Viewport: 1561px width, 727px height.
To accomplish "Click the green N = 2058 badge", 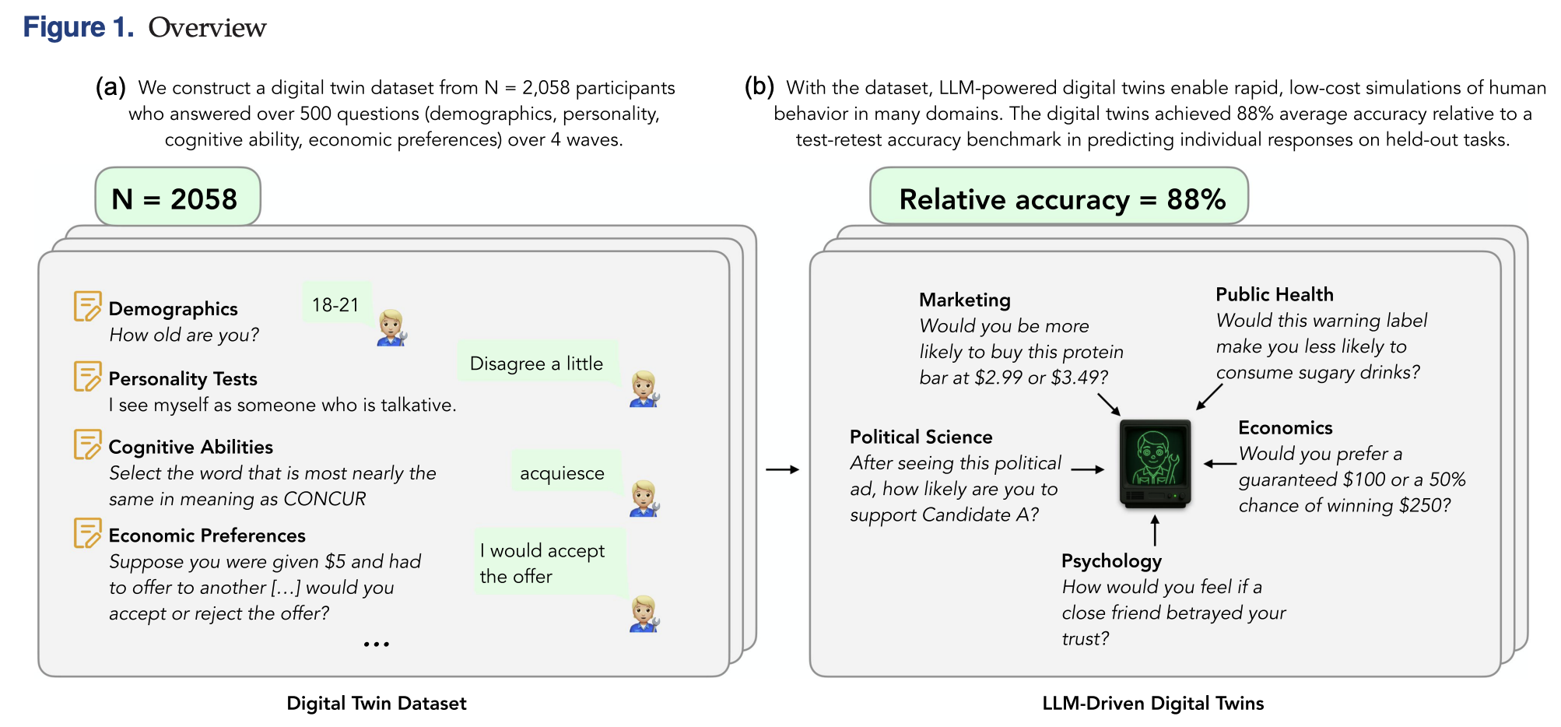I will pos(177,198).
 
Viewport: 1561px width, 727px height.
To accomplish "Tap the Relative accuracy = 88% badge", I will pos(1059,198).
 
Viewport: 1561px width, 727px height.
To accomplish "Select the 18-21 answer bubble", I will pos(336,304).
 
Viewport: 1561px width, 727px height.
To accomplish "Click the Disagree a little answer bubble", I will pos(537,363).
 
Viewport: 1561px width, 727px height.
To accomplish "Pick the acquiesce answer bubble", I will pos(563,472).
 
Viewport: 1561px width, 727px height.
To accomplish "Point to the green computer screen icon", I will pos(1156,463).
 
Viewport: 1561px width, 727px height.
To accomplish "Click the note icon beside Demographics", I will pos(87,307).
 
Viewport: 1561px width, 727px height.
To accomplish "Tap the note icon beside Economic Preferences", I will pos(87,533).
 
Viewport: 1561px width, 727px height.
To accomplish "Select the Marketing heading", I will pos(965,300).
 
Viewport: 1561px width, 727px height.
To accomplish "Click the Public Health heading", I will pos(1275,294).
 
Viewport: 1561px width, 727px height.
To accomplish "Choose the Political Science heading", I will pos(921,437).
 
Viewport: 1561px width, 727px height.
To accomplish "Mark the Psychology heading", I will pos(1111,560).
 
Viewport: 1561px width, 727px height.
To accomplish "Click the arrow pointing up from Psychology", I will pos(1155,530).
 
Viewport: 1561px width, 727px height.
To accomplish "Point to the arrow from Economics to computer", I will pos(1220,464).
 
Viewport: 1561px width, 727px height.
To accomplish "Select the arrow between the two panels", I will pos(782,469).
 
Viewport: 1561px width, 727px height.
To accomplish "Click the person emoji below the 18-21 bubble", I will pos(392,328).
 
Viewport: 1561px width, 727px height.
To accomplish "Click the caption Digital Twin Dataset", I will pos(377,703).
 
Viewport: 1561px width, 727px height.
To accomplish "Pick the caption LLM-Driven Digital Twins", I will pos(1153,703).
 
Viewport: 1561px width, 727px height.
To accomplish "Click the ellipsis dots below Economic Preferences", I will pos(377,644).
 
